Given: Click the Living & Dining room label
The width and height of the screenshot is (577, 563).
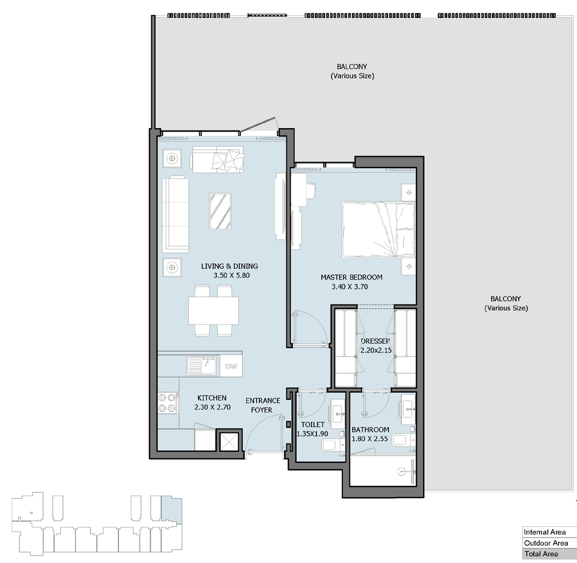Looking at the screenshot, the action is (x=230, y=266).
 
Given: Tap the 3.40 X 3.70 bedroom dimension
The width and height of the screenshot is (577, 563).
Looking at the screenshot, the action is (x=349, y=287).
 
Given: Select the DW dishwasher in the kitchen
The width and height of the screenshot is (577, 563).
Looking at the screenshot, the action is (x=231, y=366).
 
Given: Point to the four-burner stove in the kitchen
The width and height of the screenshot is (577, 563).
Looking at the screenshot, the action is (x=168, y=403).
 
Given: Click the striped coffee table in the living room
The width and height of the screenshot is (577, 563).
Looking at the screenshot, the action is (x=220, y=211).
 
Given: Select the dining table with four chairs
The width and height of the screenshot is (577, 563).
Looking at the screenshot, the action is (x=214, y=311).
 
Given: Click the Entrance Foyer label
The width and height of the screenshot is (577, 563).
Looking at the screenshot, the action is (x=263, y=405).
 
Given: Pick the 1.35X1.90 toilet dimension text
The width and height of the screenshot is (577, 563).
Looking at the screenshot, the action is (x=312, y=434).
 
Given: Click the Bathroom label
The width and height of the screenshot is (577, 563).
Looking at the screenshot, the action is (x=370, y=429).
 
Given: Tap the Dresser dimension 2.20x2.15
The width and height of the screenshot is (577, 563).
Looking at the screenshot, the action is (x=376, y=350).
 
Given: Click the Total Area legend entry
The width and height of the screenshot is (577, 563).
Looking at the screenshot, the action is (x=541, y=554).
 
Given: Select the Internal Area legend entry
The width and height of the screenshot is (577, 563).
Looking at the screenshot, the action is (x=545, y=532).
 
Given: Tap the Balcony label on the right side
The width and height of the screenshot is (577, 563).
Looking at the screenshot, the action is (x=506, y=303).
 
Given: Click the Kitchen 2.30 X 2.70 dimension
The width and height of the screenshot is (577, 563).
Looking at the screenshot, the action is (x=212, y=407).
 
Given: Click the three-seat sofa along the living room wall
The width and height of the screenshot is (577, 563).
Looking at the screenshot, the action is (x=175, y=214).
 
